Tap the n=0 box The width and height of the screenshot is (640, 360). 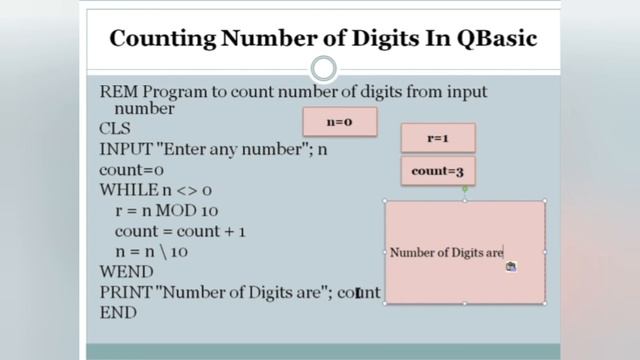tap(340, 122)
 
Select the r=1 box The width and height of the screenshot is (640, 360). tap(438, 138)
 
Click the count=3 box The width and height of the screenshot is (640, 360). tap(438, 171)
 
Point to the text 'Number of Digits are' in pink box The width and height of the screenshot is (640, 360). tap(446, 253)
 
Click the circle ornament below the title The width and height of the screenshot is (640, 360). tap(323, 69)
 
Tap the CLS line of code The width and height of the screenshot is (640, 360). tap(115, 129)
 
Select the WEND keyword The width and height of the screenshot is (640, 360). tap(126, 272)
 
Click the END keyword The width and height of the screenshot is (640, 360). tap(118, 312)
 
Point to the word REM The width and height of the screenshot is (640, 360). tap(118, 92)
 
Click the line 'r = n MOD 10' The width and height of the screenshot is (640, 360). tap(167, 210)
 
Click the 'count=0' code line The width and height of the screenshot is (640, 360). tap(132, 170)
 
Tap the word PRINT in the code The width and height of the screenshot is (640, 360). tap(127, 292)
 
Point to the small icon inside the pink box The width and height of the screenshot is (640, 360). tap(511, 266)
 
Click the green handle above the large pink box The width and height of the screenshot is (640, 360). tap(465, 188)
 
